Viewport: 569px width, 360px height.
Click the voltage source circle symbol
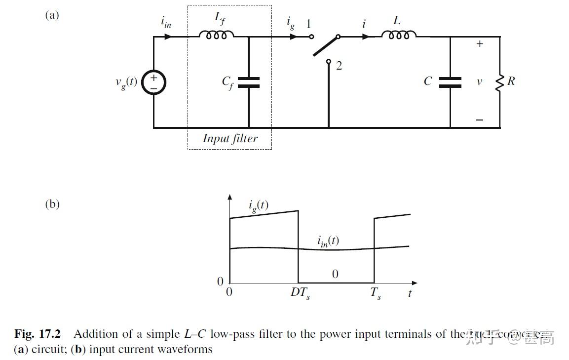(153, 82)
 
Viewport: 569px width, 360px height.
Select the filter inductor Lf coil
(216, 35)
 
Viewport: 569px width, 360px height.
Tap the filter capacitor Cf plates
(248, 82)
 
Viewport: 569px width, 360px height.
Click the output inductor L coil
(399, 35)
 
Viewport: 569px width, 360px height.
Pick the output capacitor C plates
(450, 82)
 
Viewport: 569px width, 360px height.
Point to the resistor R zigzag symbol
(499, 82)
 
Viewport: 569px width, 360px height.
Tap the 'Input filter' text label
(230, 138)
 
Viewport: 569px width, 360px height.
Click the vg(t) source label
(126, 82)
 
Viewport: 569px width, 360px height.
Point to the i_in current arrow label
(166, 22)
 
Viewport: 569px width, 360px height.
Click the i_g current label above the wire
(291, 23)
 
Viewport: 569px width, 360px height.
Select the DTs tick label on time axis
(300, 293)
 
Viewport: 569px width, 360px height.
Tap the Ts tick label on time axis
(376, 293)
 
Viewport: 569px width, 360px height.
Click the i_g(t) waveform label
(259, 205)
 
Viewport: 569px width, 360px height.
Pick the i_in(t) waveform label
(328, 241)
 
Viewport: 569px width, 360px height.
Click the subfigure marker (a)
(52, 15)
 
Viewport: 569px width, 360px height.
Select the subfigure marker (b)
(52, 204)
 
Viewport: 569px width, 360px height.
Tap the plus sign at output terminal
(480, 44)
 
